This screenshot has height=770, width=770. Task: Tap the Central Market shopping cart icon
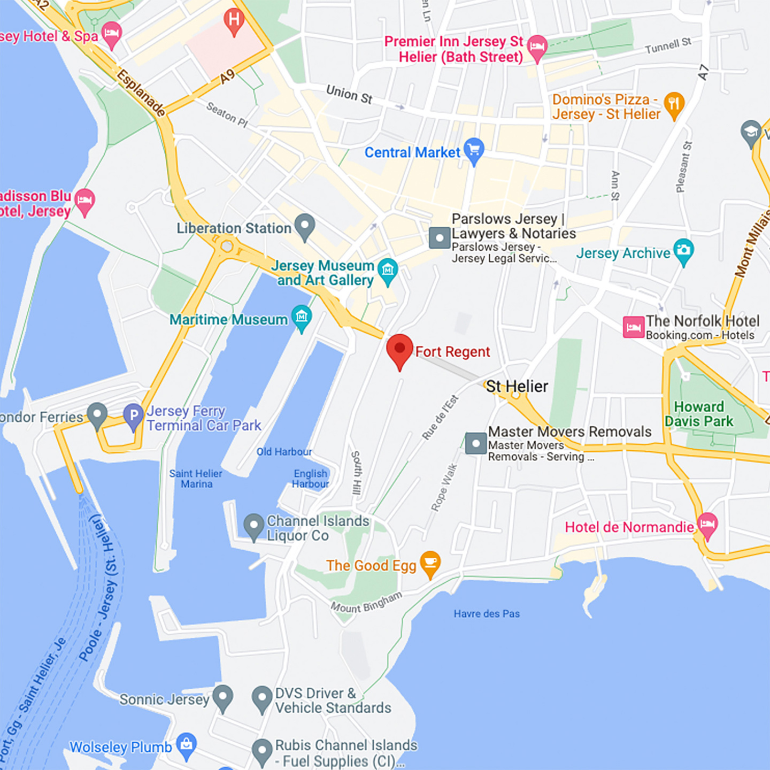click(474, 150)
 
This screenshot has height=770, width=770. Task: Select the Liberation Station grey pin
click(305, 226)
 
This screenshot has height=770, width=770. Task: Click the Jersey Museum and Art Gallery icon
click(388, 271)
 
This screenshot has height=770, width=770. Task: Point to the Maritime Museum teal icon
click(302, 318)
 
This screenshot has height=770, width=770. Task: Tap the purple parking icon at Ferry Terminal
click(133, 415)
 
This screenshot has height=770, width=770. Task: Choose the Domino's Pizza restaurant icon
click(674, 104)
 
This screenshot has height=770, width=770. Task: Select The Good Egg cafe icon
click(430, 564)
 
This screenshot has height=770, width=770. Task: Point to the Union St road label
click(349, 94)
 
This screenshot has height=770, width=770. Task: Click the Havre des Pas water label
click(487, 614)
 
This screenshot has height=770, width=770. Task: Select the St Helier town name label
click(517, 386)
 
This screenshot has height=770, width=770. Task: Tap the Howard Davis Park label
click(699, 414)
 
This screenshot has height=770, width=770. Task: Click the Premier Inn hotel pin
click(537, 47)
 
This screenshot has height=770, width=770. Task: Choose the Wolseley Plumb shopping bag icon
click(187, 745)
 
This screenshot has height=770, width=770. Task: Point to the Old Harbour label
click(284, 452)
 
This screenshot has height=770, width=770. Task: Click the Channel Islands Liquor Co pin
click(254, 526)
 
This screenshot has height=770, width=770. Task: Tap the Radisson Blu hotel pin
click(84, 201)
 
